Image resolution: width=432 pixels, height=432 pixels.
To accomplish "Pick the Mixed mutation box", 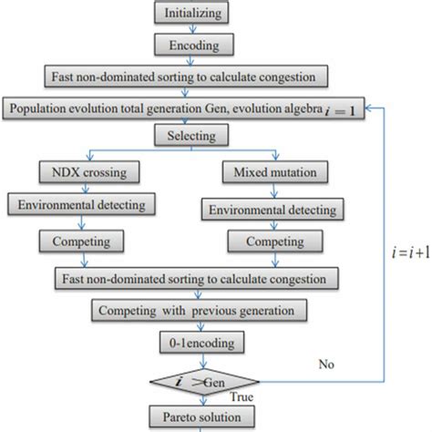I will click(x=268, y=170).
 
